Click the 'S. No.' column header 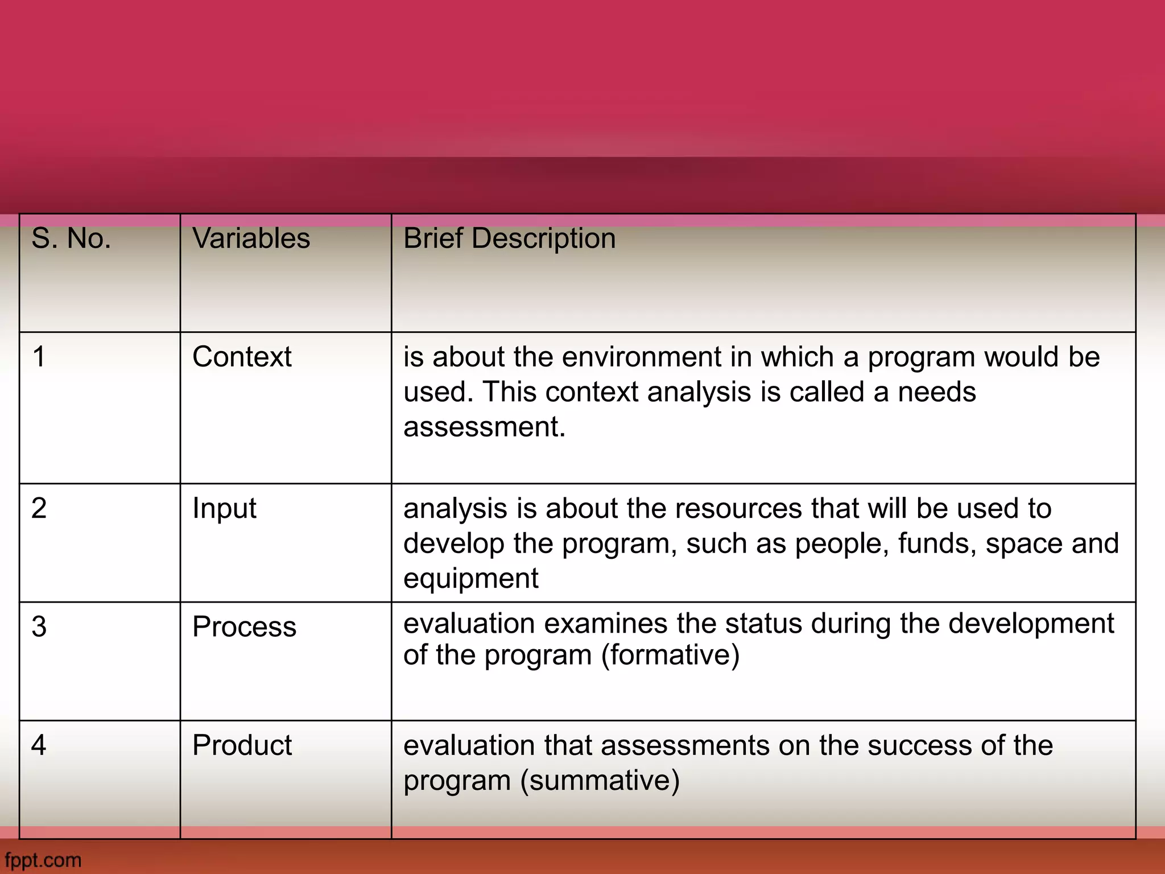(x=71, y=238)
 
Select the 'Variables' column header (x=251, y=238)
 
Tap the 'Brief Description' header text (x=509, y=238)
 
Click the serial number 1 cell (x=39, y=357)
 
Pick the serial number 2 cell (x=39, y=508)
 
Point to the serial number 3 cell (x=39, y=626)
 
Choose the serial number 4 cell (x=39, y=745)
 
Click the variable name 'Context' (x=242, y=357)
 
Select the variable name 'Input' (x=224, y=508)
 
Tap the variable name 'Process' (x=244, y=626)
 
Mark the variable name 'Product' (x=242, y=745)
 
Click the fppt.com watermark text (x=43, y=860)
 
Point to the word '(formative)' (x=671, y=655)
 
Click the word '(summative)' (x=600, y=780)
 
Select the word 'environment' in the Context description (x=642, y=357)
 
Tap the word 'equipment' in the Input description (x=470, y=579)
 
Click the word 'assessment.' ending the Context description (x=484, y=427)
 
